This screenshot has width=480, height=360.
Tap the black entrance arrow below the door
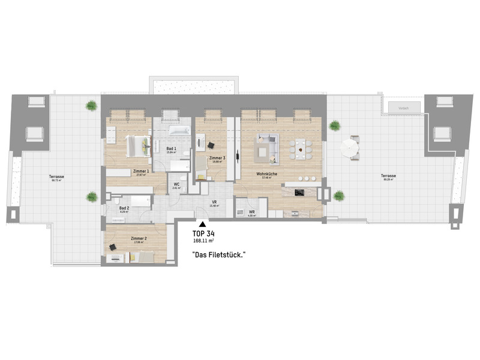[x=202, y=223]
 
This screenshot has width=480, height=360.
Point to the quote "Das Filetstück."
[x=218, y=255]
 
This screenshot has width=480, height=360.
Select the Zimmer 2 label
[x=139, y=239]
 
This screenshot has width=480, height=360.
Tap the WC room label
[x=176, y=185]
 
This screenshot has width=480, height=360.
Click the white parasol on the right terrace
[x=350, y=148]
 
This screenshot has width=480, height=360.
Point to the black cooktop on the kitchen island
[x=299, y=192]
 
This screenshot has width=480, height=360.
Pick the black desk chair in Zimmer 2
[x=112, y=247]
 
